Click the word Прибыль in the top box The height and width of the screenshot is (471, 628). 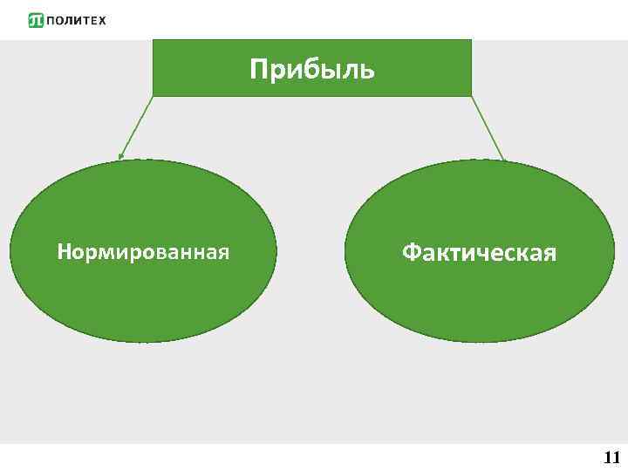click(311, 69)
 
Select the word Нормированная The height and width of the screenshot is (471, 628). click(143, 253)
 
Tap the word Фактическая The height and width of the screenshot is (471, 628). click(479, 253)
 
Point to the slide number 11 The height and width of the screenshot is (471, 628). click(611, 457)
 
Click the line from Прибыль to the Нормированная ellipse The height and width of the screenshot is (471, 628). click(137, 126)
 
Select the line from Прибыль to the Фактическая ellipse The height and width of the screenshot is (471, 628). click(488, 127)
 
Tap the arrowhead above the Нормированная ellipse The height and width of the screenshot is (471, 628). click(121, 158)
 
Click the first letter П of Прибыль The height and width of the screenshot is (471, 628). click(258, 69)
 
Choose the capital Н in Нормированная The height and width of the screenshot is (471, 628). click(64, 253)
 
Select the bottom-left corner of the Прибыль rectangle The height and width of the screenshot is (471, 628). click(154, 95)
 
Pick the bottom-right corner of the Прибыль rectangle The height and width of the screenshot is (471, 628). click(471, 95)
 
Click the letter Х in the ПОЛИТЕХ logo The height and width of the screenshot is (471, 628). click(102, 20)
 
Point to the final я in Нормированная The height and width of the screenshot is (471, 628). click(224, 254)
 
